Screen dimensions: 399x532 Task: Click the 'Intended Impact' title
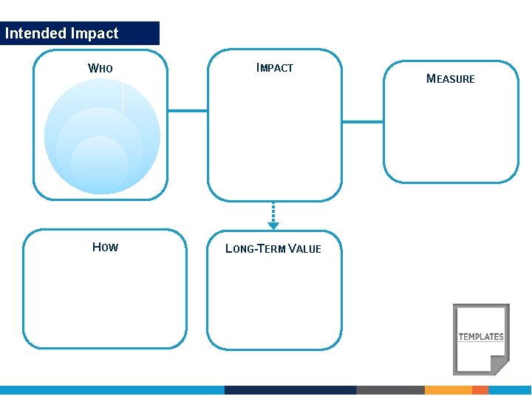pos(61,33)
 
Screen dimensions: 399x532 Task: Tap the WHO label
pos(100,69)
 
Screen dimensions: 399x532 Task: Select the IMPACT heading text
pos(275,68)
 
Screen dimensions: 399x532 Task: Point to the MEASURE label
pos(451,79)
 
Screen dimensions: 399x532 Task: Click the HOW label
pos(105,247)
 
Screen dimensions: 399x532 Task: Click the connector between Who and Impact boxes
pos(188,111)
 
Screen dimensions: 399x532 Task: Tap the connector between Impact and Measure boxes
pos(363,121)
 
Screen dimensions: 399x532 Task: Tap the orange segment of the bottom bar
pos(448,389)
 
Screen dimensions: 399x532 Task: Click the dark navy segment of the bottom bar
pos(290,389)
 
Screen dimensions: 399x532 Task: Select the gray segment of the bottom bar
pos(390,389)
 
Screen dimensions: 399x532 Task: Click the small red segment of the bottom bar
pos(480,389)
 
